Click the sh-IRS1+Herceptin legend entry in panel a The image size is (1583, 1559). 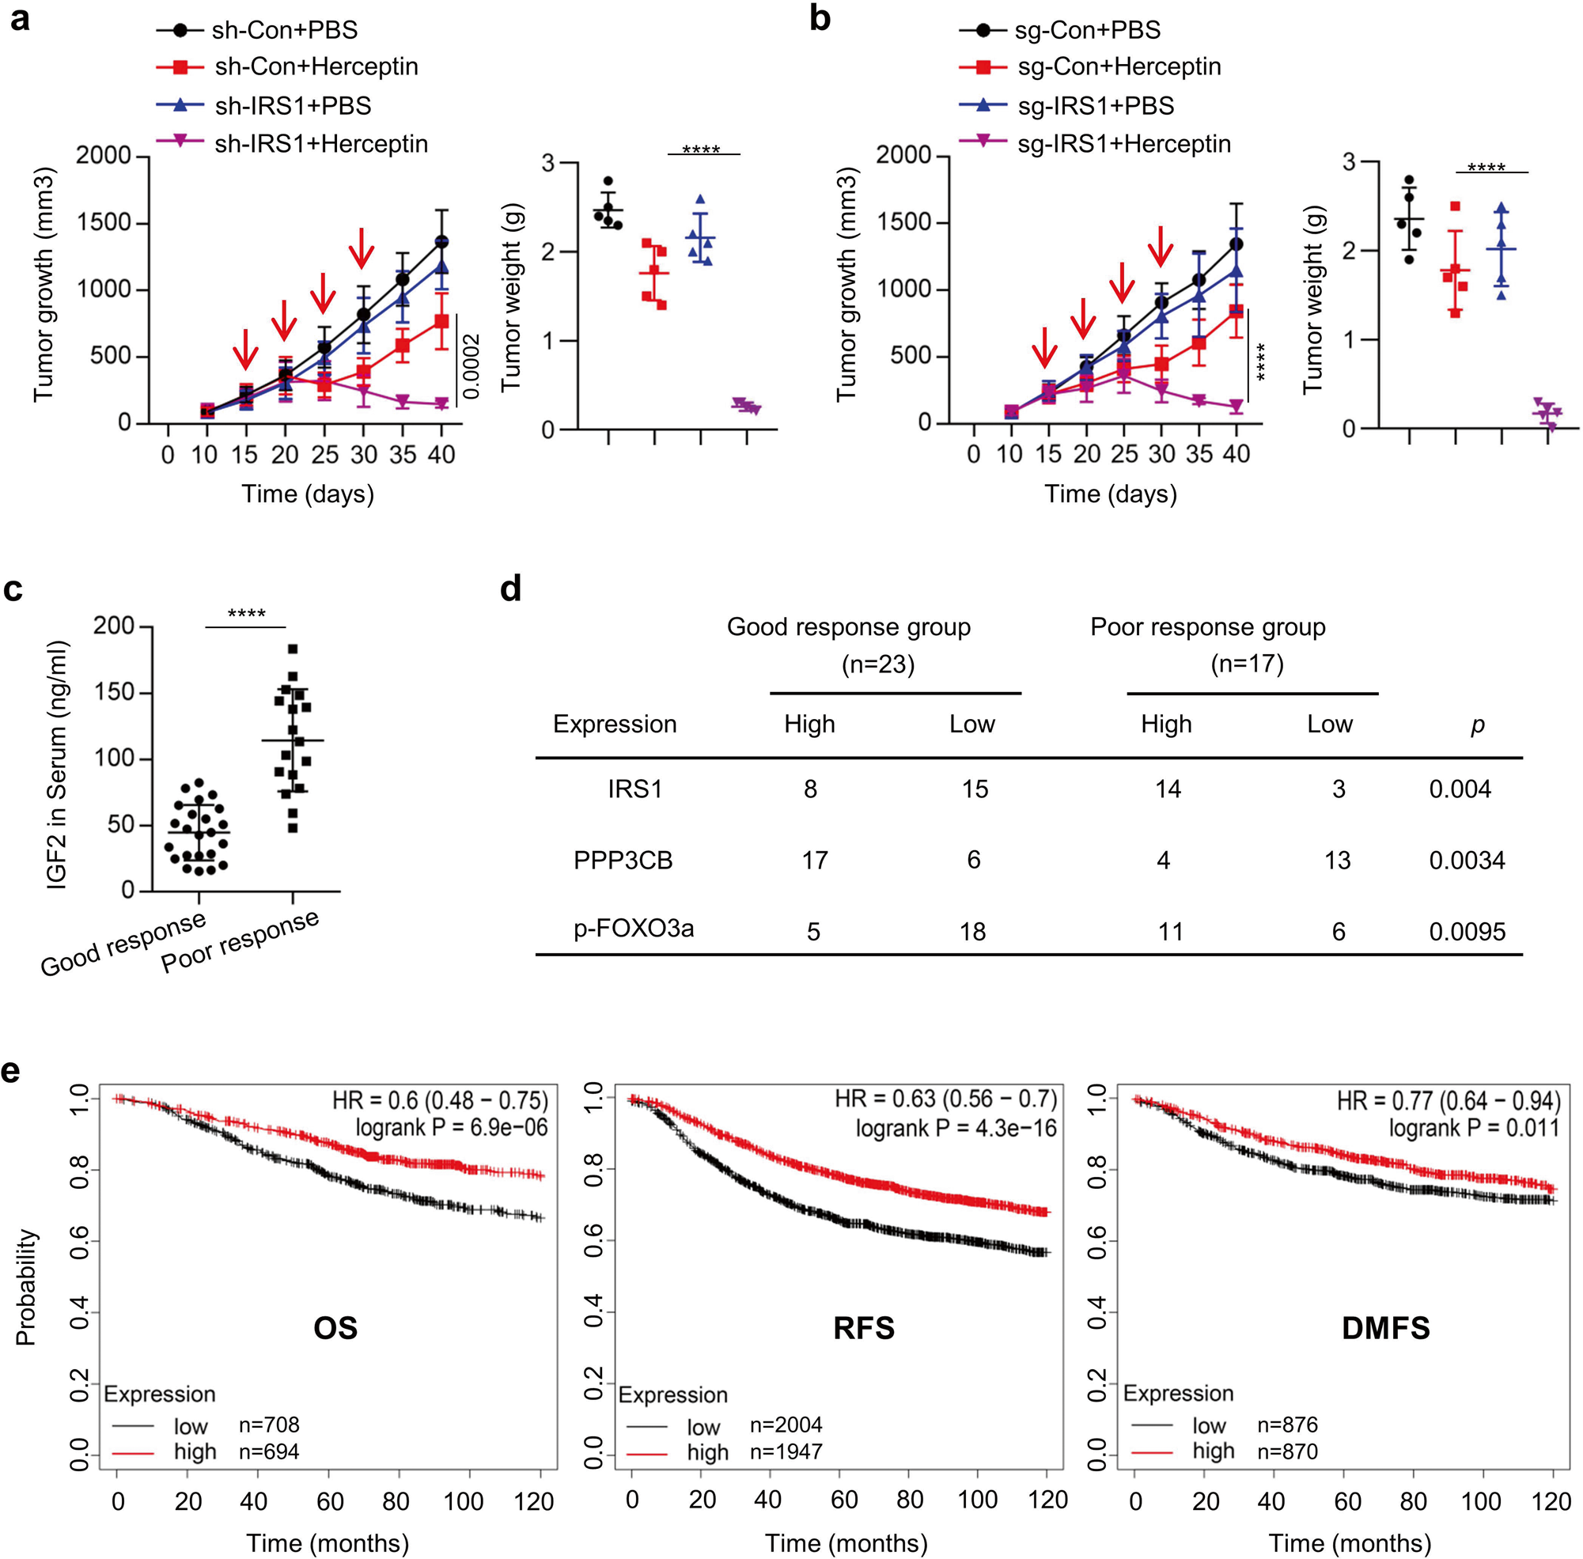(320, 143)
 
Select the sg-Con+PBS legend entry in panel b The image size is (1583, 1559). (1087, 30)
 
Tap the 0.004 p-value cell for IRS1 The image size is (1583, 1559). (1460, 789)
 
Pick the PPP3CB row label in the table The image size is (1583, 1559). (623, 860)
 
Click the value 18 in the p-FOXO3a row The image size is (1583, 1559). (972, 931)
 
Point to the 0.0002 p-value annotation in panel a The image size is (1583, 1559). (471, 365)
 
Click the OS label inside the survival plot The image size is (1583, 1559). (335, 1327)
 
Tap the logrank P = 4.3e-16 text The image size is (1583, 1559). (956, 1130)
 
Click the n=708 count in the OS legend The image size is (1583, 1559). (269, 1425)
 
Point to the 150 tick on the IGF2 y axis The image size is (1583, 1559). (113, 692)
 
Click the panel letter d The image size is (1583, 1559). (510, 588)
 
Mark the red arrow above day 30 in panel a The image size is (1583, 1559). (362, 248)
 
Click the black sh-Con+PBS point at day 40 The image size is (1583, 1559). (441, 242)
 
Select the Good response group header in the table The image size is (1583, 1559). (848, 627)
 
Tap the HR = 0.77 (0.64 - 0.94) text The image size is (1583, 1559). (1448, 1100)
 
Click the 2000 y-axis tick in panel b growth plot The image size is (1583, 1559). (903, 155)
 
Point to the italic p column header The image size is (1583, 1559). (1477, 725)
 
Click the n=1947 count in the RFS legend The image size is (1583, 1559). (786, 1451)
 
